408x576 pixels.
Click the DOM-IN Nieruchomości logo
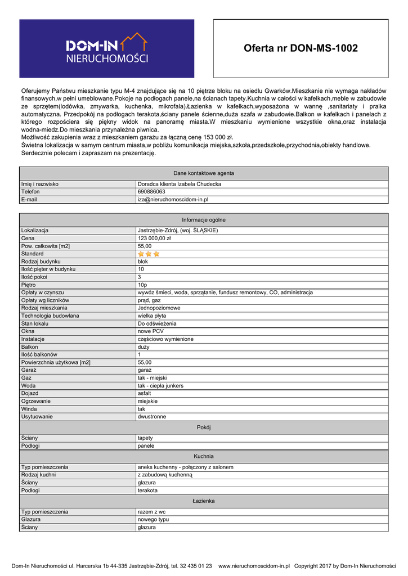click(107, 48)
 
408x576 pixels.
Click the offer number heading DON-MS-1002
click(301, 48)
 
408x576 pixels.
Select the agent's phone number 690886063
click(151, 192)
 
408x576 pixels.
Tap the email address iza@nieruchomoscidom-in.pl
click(173, 199)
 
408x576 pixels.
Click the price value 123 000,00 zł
click(154, 238)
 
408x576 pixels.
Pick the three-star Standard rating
click(149, 254)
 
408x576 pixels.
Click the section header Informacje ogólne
click(204, 220)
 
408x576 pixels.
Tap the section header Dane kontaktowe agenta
click(204, 173)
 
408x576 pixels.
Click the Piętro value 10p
click(142, 285)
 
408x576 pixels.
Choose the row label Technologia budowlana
click(50, 316)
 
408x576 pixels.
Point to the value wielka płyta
click(152, 316)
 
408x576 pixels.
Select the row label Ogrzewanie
click(36, 401)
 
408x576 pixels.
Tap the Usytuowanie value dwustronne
click(152, 417)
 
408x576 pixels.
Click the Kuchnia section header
click(204, 456)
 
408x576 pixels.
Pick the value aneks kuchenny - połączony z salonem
click(185, 467)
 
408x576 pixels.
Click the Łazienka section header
click(204, 501)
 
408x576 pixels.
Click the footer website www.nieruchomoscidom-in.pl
click(254, 566)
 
